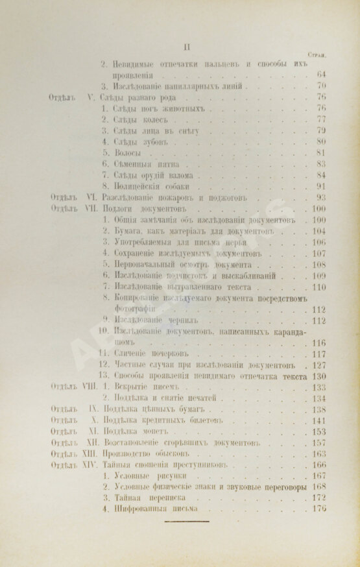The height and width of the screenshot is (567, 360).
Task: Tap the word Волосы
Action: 126,153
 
